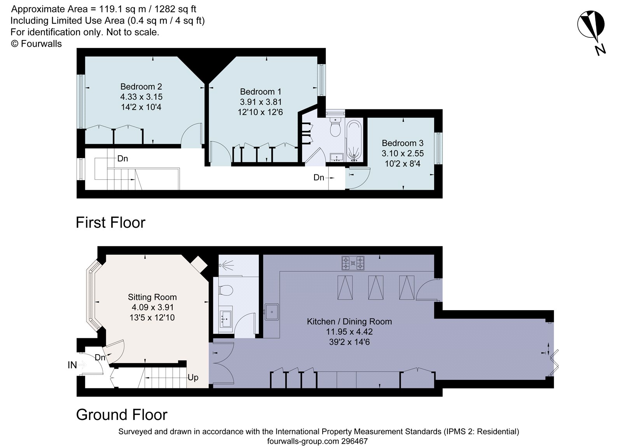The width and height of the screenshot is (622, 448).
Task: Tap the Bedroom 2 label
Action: coord(141,86)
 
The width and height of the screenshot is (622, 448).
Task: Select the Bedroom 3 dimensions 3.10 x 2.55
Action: coord(402,153)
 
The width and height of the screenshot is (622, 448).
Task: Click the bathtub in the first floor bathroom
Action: coord(354,141)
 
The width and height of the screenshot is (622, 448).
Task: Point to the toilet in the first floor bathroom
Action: coord(335,127)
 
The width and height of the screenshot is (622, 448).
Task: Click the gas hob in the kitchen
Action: coord(353,263)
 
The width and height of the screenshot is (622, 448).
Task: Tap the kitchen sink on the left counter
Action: coord(272,311)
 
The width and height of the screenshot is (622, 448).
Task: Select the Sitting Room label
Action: coord(152,297)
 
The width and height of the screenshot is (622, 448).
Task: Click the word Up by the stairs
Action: coord(193,377)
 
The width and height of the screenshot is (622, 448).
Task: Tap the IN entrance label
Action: coord(72,365)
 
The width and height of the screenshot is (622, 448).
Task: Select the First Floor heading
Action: coord(110,223)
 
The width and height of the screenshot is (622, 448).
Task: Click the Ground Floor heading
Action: coord(122,415)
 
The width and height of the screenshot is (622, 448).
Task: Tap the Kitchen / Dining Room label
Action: coord(349,322)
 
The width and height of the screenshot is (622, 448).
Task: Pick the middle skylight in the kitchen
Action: coord(376,287)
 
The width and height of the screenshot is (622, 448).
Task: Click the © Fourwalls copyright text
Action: coord(36,44)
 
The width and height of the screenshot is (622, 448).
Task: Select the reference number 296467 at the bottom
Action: coord(354,441)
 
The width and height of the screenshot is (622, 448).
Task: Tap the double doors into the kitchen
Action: coord(222,364)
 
